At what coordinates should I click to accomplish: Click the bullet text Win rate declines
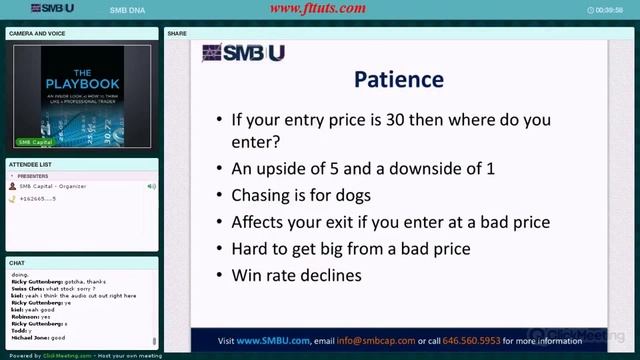pos(297,274)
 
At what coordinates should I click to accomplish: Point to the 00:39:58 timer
pos(609,9)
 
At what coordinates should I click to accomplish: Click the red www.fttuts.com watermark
pos(319,9)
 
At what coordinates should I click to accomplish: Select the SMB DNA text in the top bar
pos(124,9)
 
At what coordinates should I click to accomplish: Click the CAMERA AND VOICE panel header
pos(38,33)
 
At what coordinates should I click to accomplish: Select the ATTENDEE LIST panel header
pos(31,163)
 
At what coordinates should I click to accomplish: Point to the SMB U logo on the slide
pos(243,53)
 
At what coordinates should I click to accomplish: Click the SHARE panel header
pos(178,33)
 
